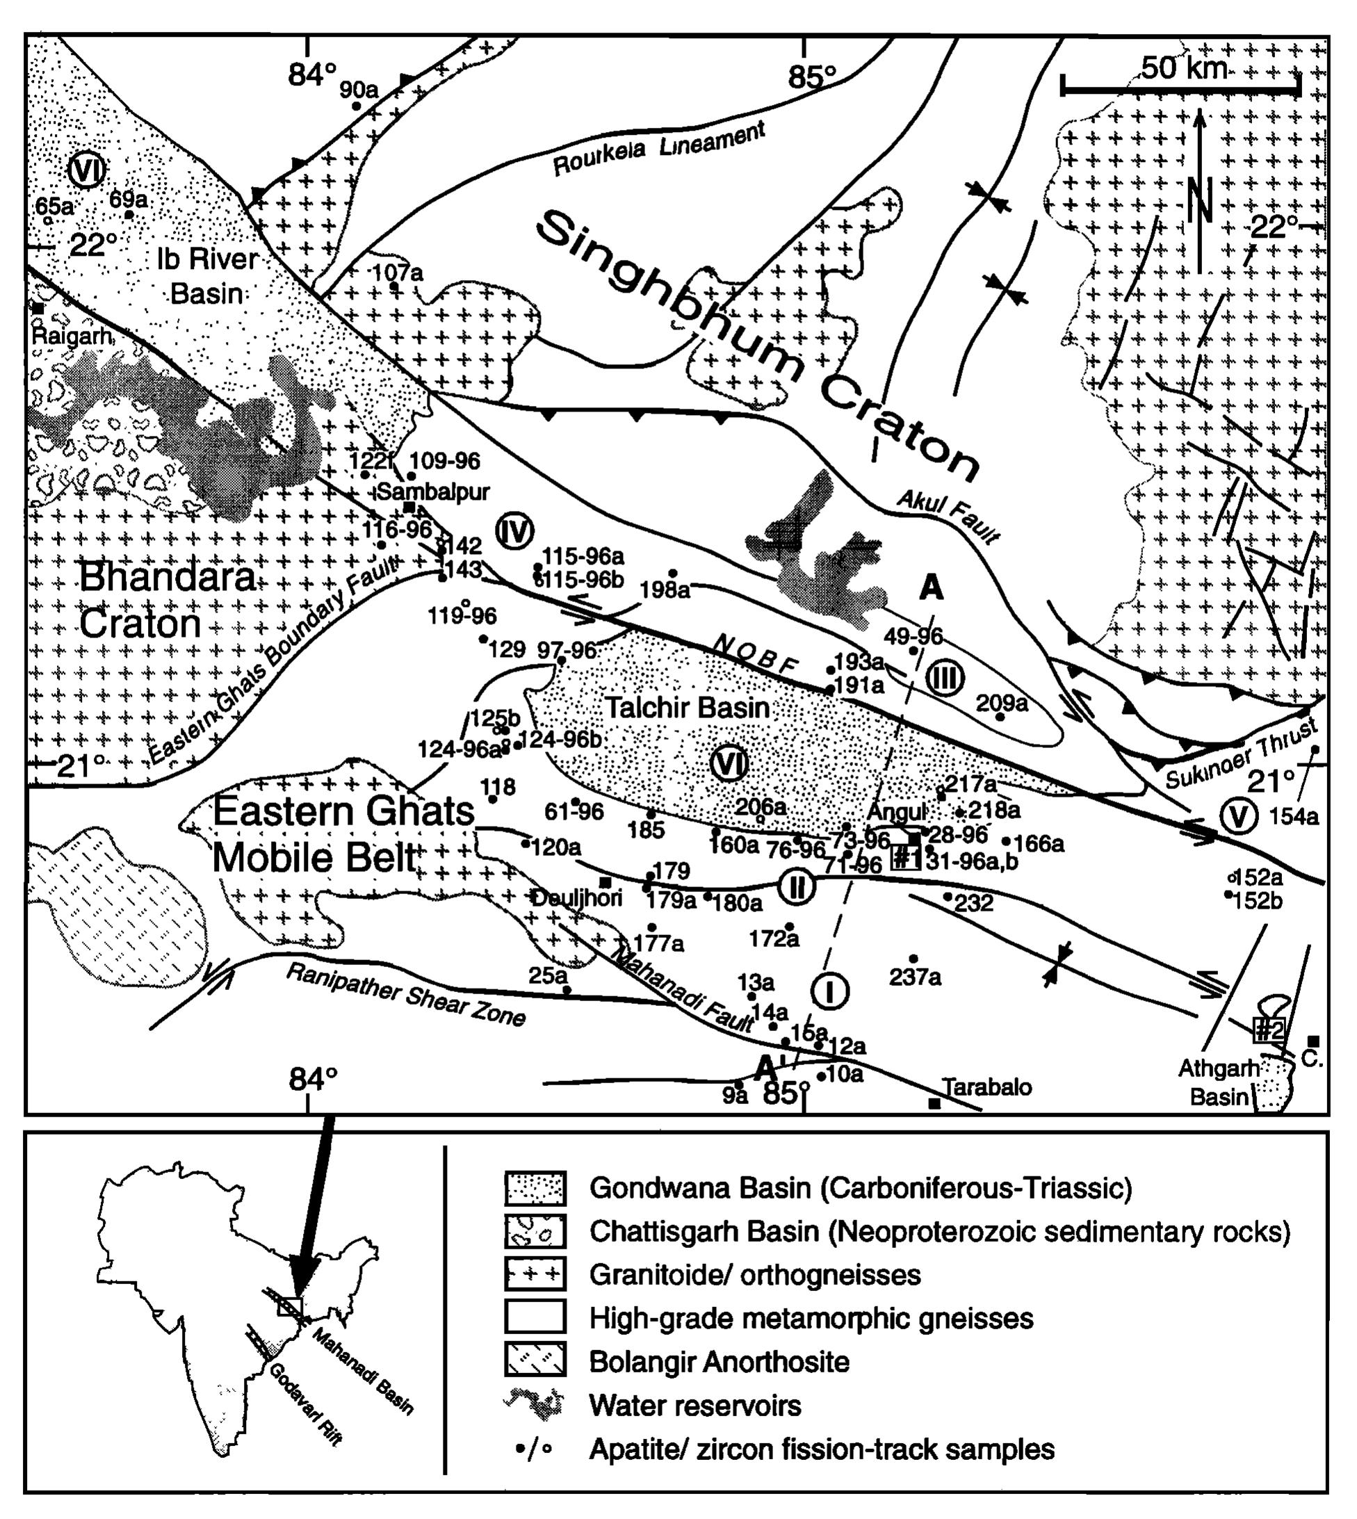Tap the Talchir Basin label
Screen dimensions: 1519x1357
click(x=687, y=707)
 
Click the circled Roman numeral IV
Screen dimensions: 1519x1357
click(x=514, y=532)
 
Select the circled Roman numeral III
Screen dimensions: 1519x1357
click(x=945, y=678)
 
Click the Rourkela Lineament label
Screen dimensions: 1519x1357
click(x=659, y=150)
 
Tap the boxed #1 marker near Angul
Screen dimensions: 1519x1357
click(x=906, y=858)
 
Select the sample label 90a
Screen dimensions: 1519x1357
click(x=359, y=90)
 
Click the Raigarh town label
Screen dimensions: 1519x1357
click(x=72, y=336)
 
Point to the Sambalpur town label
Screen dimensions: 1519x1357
click(x=434, y=492)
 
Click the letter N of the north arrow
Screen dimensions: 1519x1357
click(x=1201, y=198)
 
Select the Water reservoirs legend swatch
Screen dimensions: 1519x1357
click(x=535, y=1406)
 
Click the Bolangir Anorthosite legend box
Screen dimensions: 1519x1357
click(x=535, y=1362)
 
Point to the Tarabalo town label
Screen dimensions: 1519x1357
click(x=987, y=1087)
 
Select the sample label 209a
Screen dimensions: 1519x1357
click(x=1001, y=702)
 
